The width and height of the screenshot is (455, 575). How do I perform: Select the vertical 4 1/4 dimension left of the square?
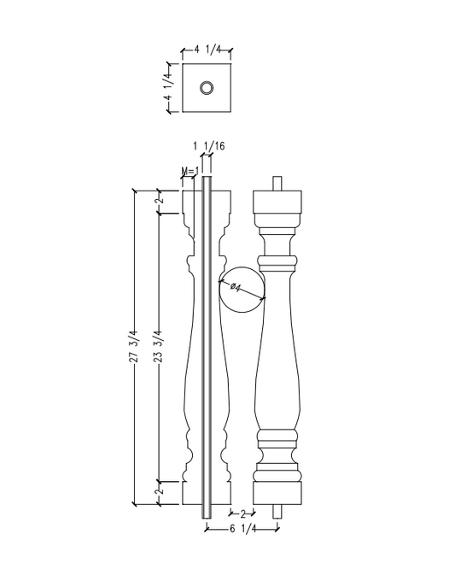168,87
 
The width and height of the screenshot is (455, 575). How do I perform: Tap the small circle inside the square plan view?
207,87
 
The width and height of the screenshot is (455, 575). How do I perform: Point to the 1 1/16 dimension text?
208,146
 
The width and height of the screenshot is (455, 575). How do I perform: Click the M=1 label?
190,172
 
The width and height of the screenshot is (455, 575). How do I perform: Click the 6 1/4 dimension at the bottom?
242,530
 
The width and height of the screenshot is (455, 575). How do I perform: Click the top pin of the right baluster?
279,182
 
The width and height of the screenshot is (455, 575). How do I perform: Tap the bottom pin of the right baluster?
279,512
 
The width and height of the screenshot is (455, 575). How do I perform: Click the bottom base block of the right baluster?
279,492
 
